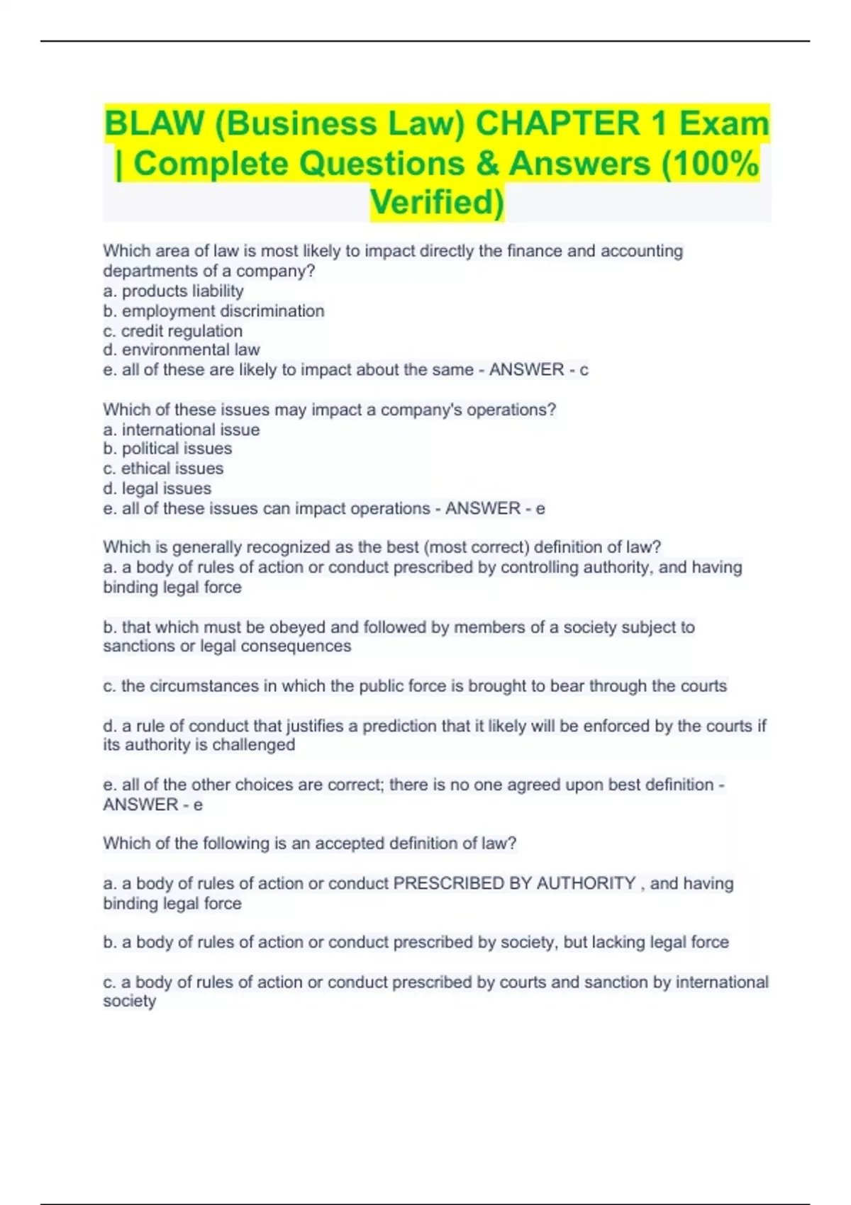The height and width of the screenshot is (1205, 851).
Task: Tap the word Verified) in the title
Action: coord(437,202)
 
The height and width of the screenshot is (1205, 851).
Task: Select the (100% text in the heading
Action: coord(710,163)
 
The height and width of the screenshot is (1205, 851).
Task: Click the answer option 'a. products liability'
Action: coord(173,291)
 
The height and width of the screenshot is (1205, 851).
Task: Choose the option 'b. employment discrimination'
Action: coord(213,310)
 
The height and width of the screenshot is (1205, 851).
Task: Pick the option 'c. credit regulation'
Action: coord(172,330)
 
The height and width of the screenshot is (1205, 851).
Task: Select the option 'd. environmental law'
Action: coord(181,349)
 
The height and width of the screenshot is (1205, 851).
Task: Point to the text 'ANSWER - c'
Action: coord(538,369)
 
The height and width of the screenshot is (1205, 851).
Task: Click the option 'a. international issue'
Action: coord(181,429)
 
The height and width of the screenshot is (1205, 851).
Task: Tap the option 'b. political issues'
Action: coord(167,448)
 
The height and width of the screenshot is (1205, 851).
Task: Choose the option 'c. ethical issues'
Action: coord(163,468)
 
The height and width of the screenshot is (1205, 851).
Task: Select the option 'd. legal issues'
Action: coord(157,488)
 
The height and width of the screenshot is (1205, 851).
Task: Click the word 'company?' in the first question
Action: coord(275,271)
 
